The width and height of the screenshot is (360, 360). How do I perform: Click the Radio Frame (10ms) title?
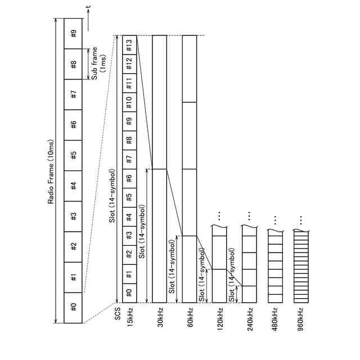point(51,172)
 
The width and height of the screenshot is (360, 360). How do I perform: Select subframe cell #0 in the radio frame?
point(74,308)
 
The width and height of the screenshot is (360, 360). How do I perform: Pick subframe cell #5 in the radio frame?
point(74,155)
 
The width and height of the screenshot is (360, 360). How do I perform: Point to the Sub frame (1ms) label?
point(98,63)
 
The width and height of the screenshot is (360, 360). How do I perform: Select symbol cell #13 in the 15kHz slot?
point(129,43)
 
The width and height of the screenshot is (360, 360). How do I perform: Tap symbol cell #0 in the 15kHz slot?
point(129,293)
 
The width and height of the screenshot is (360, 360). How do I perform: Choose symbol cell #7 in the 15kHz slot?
point(129,158)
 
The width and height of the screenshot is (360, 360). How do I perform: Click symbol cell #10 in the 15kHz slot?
point(129,101)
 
